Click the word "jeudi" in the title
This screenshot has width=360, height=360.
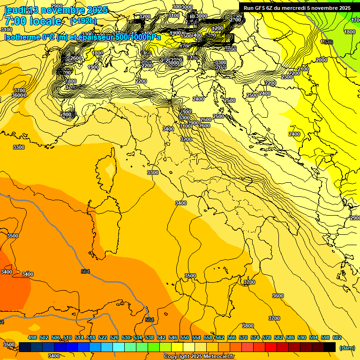point(15,10)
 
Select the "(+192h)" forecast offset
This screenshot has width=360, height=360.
point(83,21)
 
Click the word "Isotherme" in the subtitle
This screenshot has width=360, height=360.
point(22,37)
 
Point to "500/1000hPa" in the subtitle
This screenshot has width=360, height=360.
point(138,37)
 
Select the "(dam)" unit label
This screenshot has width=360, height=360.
point(347,348)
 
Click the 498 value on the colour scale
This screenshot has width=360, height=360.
point(32,337)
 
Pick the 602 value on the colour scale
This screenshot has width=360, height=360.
point(337,337)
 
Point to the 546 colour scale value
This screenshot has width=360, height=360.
point(173,337)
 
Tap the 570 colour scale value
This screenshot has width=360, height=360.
point(243,337)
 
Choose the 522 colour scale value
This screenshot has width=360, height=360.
point(103,337)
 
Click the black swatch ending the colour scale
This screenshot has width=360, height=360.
point(330,347)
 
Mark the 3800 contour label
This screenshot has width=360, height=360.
point(247,326)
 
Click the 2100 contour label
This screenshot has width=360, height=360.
point(303,69)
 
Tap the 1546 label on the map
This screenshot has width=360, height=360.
point(327,42)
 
